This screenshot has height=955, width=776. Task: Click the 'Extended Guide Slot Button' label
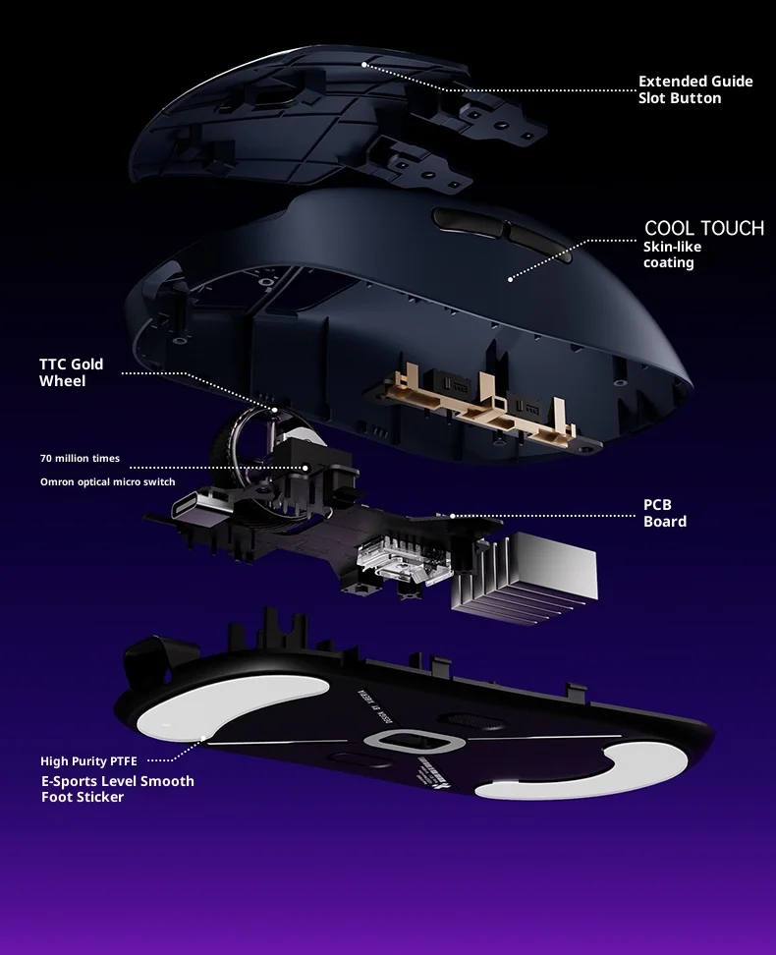694,89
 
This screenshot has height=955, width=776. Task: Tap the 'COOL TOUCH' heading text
703,228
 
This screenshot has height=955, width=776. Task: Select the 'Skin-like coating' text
672,254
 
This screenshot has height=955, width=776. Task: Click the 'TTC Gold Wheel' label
71,372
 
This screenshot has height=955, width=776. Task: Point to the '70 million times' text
80,459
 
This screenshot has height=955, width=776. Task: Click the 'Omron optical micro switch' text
107,481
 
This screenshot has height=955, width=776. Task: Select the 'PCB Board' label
664,513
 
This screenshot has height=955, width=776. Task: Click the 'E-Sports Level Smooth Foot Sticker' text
117,789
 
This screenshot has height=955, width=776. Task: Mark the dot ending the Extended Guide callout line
363,64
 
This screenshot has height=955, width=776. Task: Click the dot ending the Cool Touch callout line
510,279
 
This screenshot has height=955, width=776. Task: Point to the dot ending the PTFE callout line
203,737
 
